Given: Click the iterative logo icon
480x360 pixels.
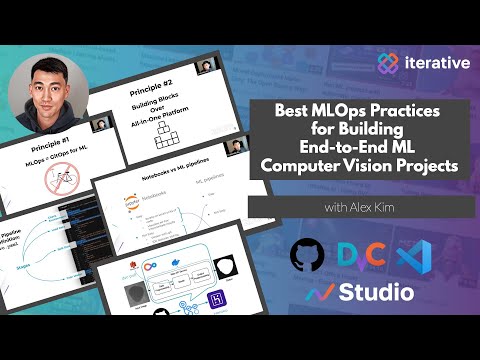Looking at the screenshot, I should (x=388, y=61).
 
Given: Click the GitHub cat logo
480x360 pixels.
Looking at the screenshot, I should (x=307, y=255).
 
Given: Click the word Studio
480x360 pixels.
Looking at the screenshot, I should (x=377, y=293).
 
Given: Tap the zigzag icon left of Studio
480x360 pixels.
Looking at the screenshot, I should (x=320, y=293).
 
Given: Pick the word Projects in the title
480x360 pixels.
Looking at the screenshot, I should (x=435, y=165).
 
